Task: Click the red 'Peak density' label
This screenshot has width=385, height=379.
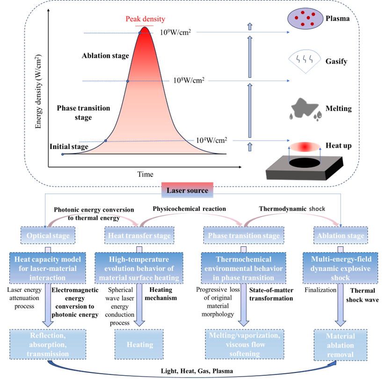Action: pos(145,20)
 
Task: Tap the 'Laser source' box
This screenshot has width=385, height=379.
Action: pos(187,191)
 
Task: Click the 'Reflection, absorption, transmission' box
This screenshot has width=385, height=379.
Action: pos(48,345)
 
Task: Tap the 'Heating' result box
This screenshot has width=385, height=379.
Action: pos(139,345)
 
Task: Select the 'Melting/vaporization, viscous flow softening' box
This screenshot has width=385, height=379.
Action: pos(243,345)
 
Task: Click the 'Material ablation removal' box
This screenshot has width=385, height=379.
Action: pos(341,345)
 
